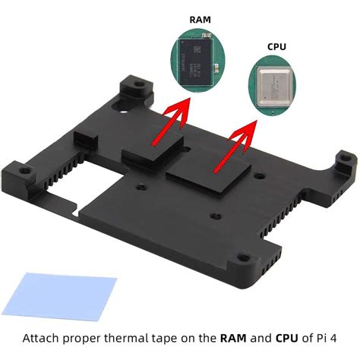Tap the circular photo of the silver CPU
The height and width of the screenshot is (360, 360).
tap(277, 87)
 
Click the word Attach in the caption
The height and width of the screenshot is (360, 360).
tap(42, 338)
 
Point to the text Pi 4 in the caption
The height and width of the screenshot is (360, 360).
tap(328, 338)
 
